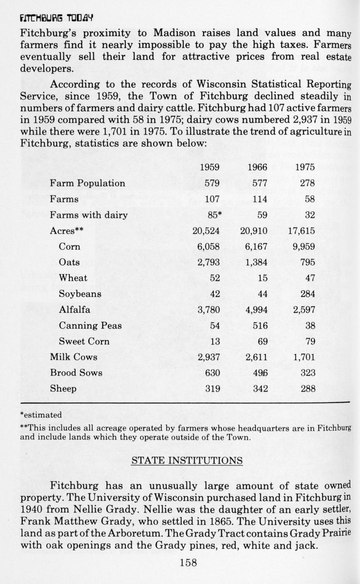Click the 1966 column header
pos(257,167)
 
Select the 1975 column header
pos(305,167)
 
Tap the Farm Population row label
pos(88,183)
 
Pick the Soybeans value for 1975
pos(308,294)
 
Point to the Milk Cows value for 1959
pos(209,357)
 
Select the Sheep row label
pos(63,388)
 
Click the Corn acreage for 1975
pos(304,246)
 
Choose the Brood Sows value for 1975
pos(308,373)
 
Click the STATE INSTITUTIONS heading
pos(187,460)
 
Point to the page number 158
pos(188,562)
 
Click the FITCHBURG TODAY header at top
pos(56,18)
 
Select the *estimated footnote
pos(41,415)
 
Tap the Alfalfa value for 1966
pos(257,310)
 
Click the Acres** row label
pos(66,231)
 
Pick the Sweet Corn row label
pos(84,341)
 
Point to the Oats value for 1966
pos(257,262)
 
